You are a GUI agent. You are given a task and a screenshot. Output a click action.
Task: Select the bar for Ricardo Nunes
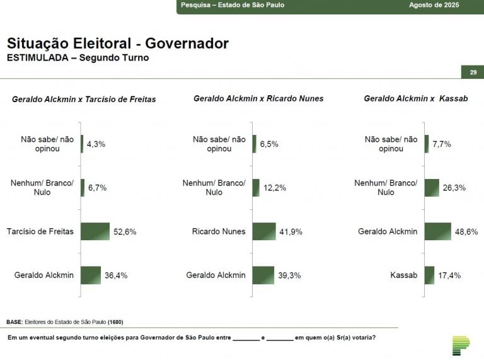pyautogui.click(x=264, y=231)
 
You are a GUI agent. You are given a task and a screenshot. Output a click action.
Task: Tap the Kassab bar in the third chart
pyautogui.click(x=429, y=275)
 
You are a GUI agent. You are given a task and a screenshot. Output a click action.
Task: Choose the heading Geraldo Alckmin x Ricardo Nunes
pyautogui.click(x=258, y=99)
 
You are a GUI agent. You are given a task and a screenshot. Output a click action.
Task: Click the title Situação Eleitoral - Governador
pyautogui.click(x=117, y=44)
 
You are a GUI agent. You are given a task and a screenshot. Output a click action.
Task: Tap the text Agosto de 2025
pyautogui.click(x=434, y=5)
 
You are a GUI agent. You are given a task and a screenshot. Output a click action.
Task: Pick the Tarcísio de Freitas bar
pyautogui.click(x=95, y=231)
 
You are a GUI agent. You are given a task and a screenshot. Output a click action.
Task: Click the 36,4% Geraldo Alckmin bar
pyautogui.click(x=91, y=275)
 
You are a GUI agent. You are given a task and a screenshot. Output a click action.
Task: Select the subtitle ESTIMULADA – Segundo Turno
pyautogui.click(x=78, y=58)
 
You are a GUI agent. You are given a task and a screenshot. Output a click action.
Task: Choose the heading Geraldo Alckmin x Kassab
pyautogui.click(x=415, y=99)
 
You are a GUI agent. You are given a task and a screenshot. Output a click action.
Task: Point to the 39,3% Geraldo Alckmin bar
pyautogui.click(x=263, y=275)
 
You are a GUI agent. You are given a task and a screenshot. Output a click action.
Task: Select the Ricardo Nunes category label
pyautogui.click(x=219, y=231)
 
